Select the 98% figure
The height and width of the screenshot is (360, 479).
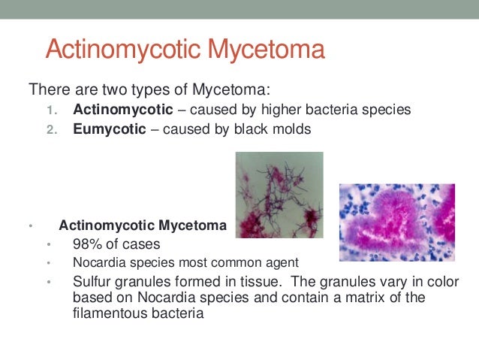(x=87, y=244)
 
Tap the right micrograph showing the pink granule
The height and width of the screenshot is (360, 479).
(x=396, y=222)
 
